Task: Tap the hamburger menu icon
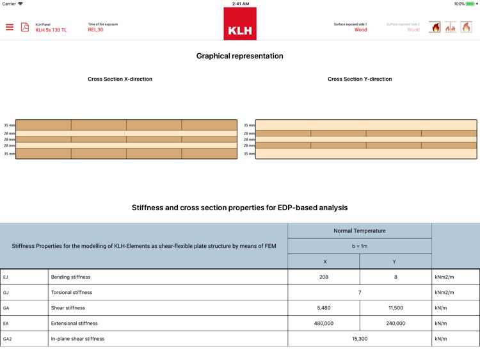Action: click(x=10, y=27)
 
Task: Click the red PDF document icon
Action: click(x=25, y=27)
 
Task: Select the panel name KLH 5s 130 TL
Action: click(x=51, y=30)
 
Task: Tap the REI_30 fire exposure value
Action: click(x=95, y=30)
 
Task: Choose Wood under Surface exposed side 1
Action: click(x=361, y=30)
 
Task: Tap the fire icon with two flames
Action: click(x=451, y=28)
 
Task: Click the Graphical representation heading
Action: click(x=240, y=56)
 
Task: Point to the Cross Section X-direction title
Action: click(x=120, y=79)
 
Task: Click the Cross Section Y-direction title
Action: click(x=360, y=79)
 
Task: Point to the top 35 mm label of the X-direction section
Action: click(x=9, y=126)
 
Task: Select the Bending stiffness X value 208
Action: click(x=324, y=277)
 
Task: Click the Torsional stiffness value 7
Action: click(x=360, y=293)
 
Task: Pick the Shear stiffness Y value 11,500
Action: click(x=396, y=308)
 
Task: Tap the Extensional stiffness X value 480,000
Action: click(x=324, y=323)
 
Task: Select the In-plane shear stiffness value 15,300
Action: click(x=360, y=339)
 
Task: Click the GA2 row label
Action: click(x=8, y=339)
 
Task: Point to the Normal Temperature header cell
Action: click(x=360, y=231)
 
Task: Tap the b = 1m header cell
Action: click(x=360, y=246)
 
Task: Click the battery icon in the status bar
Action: click(x=472, y=4)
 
